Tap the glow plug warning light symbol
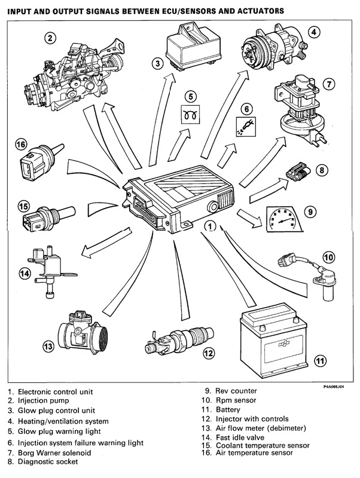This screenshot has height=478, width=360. coord(191,114)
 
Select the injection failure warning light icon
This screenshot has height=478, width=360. coord(245,127)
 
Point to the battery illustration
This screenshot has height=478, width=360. coord(275,341)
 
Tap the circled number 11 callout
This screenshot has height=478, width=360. coord(321,360)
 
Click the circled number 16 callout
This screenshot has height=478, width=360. coord(22,144)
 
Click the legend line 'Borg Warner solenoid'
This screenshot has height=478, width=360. coord(50,452)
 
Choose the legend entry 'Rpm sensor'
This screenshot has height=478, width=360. coord(230,400)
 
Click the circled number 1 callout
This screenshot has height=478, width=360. coord(209,226)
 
